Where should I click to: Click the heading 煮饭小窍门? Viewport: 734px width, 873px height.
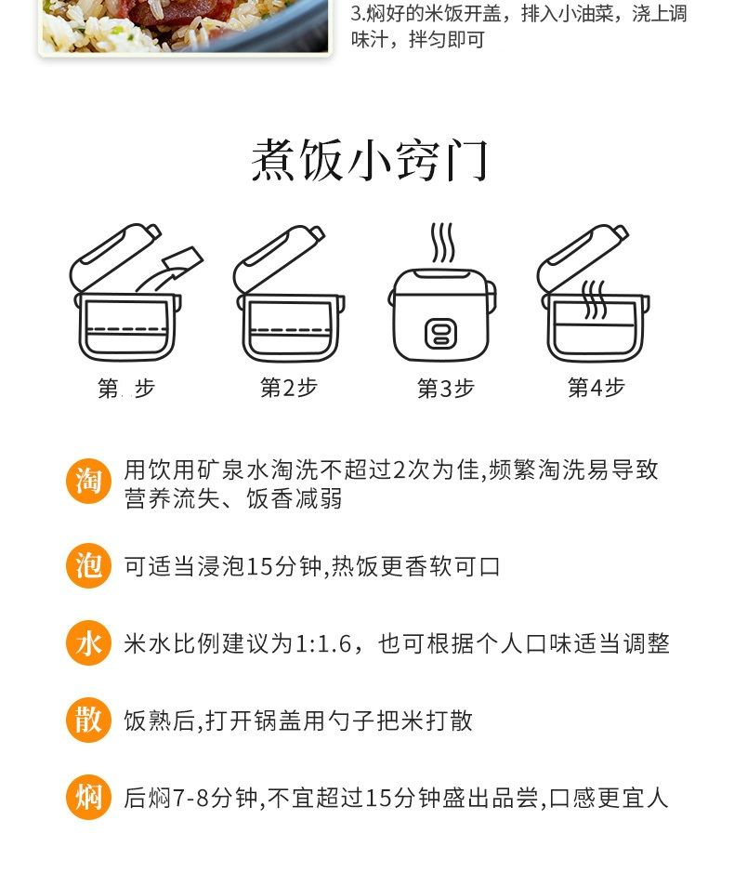coord(369,160)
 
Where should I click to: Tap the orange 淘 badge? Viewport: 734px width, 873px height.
coord(89,481)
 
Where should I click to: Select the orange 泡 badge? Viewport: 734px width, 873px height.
coord(89,565)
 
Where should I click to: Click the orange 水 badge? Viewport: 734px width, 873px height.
coord(89,643)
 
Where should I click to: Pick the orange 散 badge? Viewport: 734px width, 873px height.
coord(89,720)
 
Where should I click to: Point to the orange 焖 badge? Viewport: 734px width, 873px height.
coord(89,798)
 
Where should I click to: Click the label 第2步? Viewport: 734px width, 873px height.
coord(289,388)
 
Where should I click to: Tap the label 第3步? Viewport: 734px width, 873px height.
coord(446,388)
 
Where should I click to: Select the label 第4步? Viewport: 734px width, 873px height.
coord(596,387)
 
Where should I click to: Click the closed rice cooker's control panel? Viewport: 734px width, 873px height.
coord(440,334)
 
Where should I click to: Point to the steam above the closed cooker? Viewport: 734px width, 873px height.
coord(443,243)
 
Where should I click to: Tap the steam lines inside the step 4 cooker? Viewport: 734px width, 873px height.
coord(594,299)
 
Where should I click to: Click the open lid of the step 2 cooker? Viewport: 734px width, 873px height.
coord(278,258)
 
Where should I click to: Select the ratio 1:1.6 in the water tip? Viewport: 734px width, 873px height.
coord(323,644)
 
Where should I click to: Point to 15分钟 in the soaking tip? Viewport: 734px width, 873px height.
coord(283,566)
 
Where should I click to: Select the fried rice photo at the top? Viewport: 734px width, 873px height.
coord(185,26)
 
